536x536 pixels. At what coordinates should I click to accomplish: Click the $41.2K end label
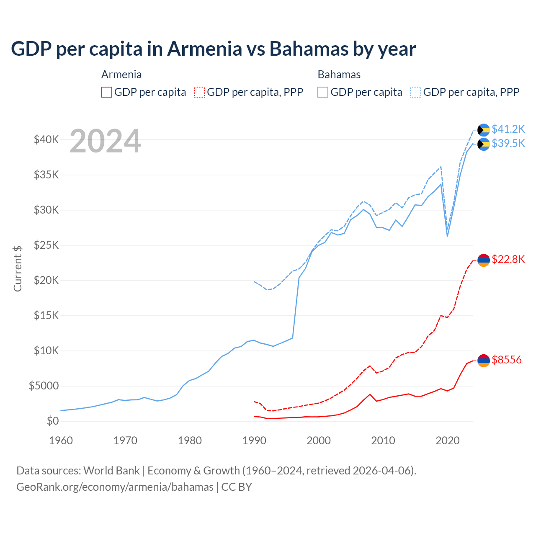[x=508, y=129]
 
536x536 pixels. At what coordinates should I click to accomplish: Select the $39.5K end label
[x=508, y=144]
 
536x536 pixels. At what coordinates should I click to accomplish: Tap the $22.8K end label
[x=508, y=260]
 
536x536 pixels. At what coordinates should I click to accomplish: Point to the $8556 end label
[x=507, y=360]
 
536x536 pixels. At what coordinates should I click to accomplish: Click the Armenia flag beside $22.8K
[x=484, y=260]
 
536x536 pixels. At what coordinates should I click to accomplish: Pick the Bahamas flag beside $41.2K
[x=484, y=130]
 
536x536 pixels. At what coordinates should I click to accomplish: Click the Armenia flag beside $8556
[x=484, y=361]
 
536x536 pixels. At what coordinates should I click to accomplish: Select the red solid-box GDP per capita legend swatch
[x=107, y=92]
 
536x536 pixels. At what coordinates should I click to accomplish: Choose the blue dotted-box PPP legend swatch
[x=416, y=92]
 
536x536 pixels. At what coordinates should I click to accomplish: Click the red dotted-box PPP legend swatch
[x=200, y=92]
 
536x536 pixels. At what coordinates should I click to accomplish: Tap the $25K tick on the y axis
[x=46, y=245]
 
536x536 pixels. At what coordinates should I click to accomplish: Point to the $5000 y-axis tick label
[x=44, y=386]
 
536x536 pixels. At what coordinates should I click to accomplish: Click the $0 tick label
[x=52, y=421]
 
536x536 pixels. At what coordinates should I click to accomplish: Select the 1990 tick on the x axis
[x=254, y=441]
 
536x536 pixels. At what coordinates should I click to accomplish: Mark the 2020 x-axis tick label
[x=448, y=441]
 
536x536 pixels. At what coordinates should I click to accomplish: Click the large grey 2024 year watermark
[x=105, y=142]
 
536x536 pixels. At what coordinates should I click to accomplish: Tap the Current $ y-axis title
[x=18, y=268]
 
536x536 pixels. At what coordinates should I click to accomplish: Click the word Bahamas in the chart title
[x=308, y=49]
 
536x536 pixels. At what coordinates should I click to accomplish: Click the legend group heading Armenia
[x=121, y=75]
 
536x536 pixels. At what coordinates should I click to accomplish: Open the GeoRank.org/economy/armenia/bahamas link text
[x=115, y=487]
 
